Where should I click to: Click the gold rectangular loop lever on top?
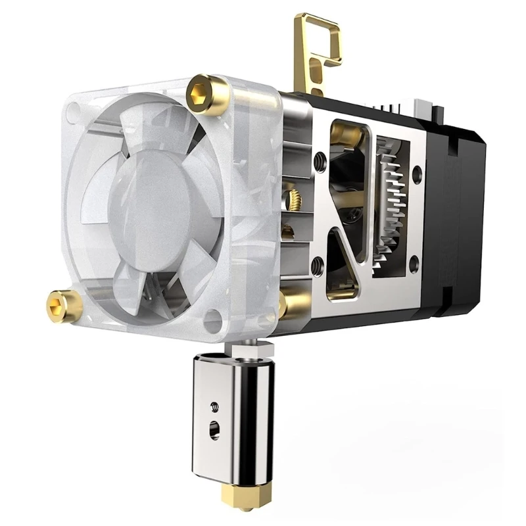(316, 49)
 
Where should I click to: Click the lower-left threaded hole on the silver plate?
(318, 266)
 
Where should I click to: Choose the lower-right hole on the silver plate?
(414, 264)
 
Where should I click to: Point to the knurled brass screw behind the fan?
(291, 196)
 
